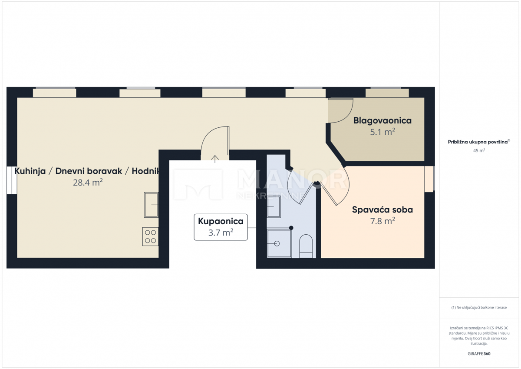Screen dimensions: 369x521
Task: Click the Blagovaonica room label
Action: click(382, 120)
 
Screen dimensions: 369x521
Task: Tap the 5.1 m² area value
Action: click(382, 132)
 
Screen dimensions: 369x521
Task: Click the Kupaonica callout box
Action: click(221, 227)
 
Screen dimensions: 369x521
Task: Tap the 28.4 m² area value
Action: click(88, 183)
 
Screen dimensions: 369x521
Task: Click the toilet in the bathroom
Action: click(306, 246)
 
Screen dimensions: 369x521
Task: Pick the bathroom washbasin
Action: click(274, 206)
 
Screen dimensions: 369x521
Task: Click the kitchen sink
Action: click(151, 204)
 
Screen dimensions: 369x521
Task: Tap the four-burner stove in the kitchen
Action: click(150, 236)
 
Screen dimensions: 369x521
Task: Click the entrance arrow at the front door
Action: click(214, 158)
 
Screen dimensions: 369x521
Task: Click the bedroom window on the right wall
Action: click(429, 178)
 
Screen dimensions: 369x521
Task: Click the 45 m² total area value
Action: click(479, 150)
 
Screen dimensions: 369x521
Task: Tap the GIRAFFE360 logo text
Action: click(479, 353)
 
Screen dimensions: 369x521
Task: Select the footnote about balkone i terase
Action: click(479, 307)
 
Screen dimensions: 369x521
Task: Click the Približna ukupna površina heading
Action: click(479, 142)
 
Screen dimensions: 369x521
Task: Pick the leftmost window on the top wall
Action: click(54, 93)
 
